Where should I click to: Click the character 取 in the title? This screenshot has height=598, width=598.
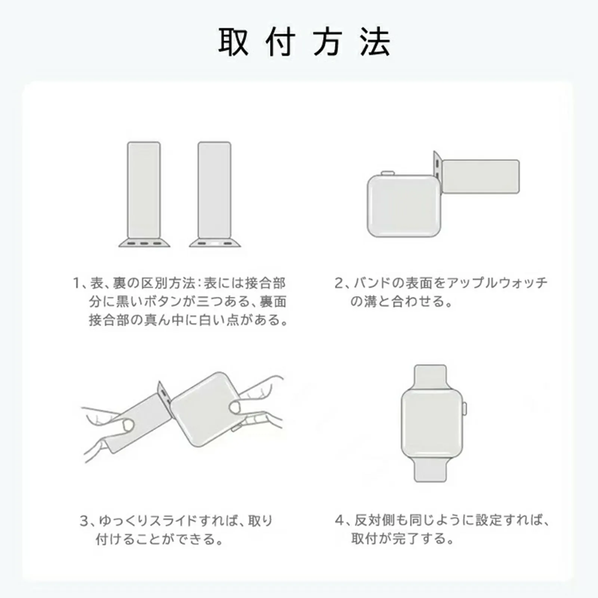tap(233, 42)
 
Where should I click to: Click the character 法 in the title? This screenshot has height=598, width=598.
tap(375, 42)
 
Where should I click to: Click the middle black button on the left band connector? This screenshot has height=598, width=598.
tap(144, 244)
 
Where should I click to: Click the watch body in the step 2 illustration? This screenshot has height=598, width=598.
tap(404, 206)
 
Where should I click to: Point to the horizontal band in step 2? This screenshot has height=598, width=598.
tap(481, 176)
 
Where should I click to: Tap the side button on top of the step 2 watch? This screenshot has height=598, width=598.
tap(388, 173)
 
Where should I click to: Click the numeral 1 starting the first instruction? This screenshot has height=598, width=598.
tap(76, 283)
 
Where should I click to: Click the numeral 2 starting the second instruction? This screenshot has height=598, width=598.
tap(339, 283)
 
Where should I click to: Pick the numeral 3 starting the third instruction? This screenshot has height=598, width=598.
tap(84, 521)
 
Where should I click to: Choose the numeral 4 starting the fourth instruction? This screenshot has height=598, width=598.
tap(339, 520)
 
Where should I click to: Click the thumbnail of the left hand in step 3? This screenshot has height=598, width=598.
tap(128, 425)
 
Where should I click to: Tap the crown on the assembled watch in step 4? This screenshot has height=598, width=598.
tap(465, 408)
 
